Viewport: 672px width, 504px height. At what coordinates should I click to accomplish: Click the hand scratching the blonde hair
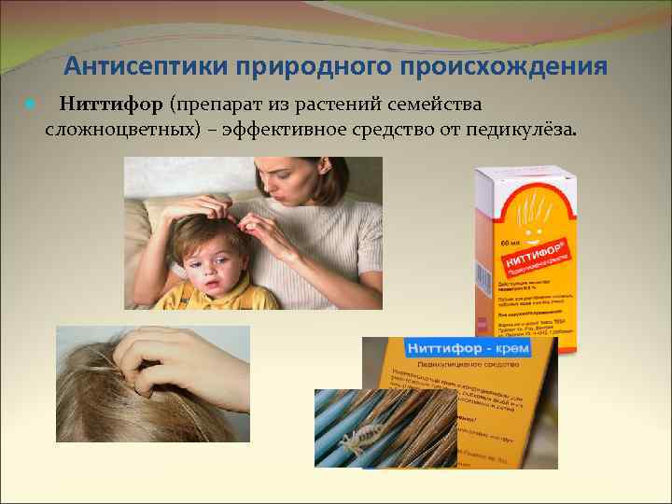[196, 369]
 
